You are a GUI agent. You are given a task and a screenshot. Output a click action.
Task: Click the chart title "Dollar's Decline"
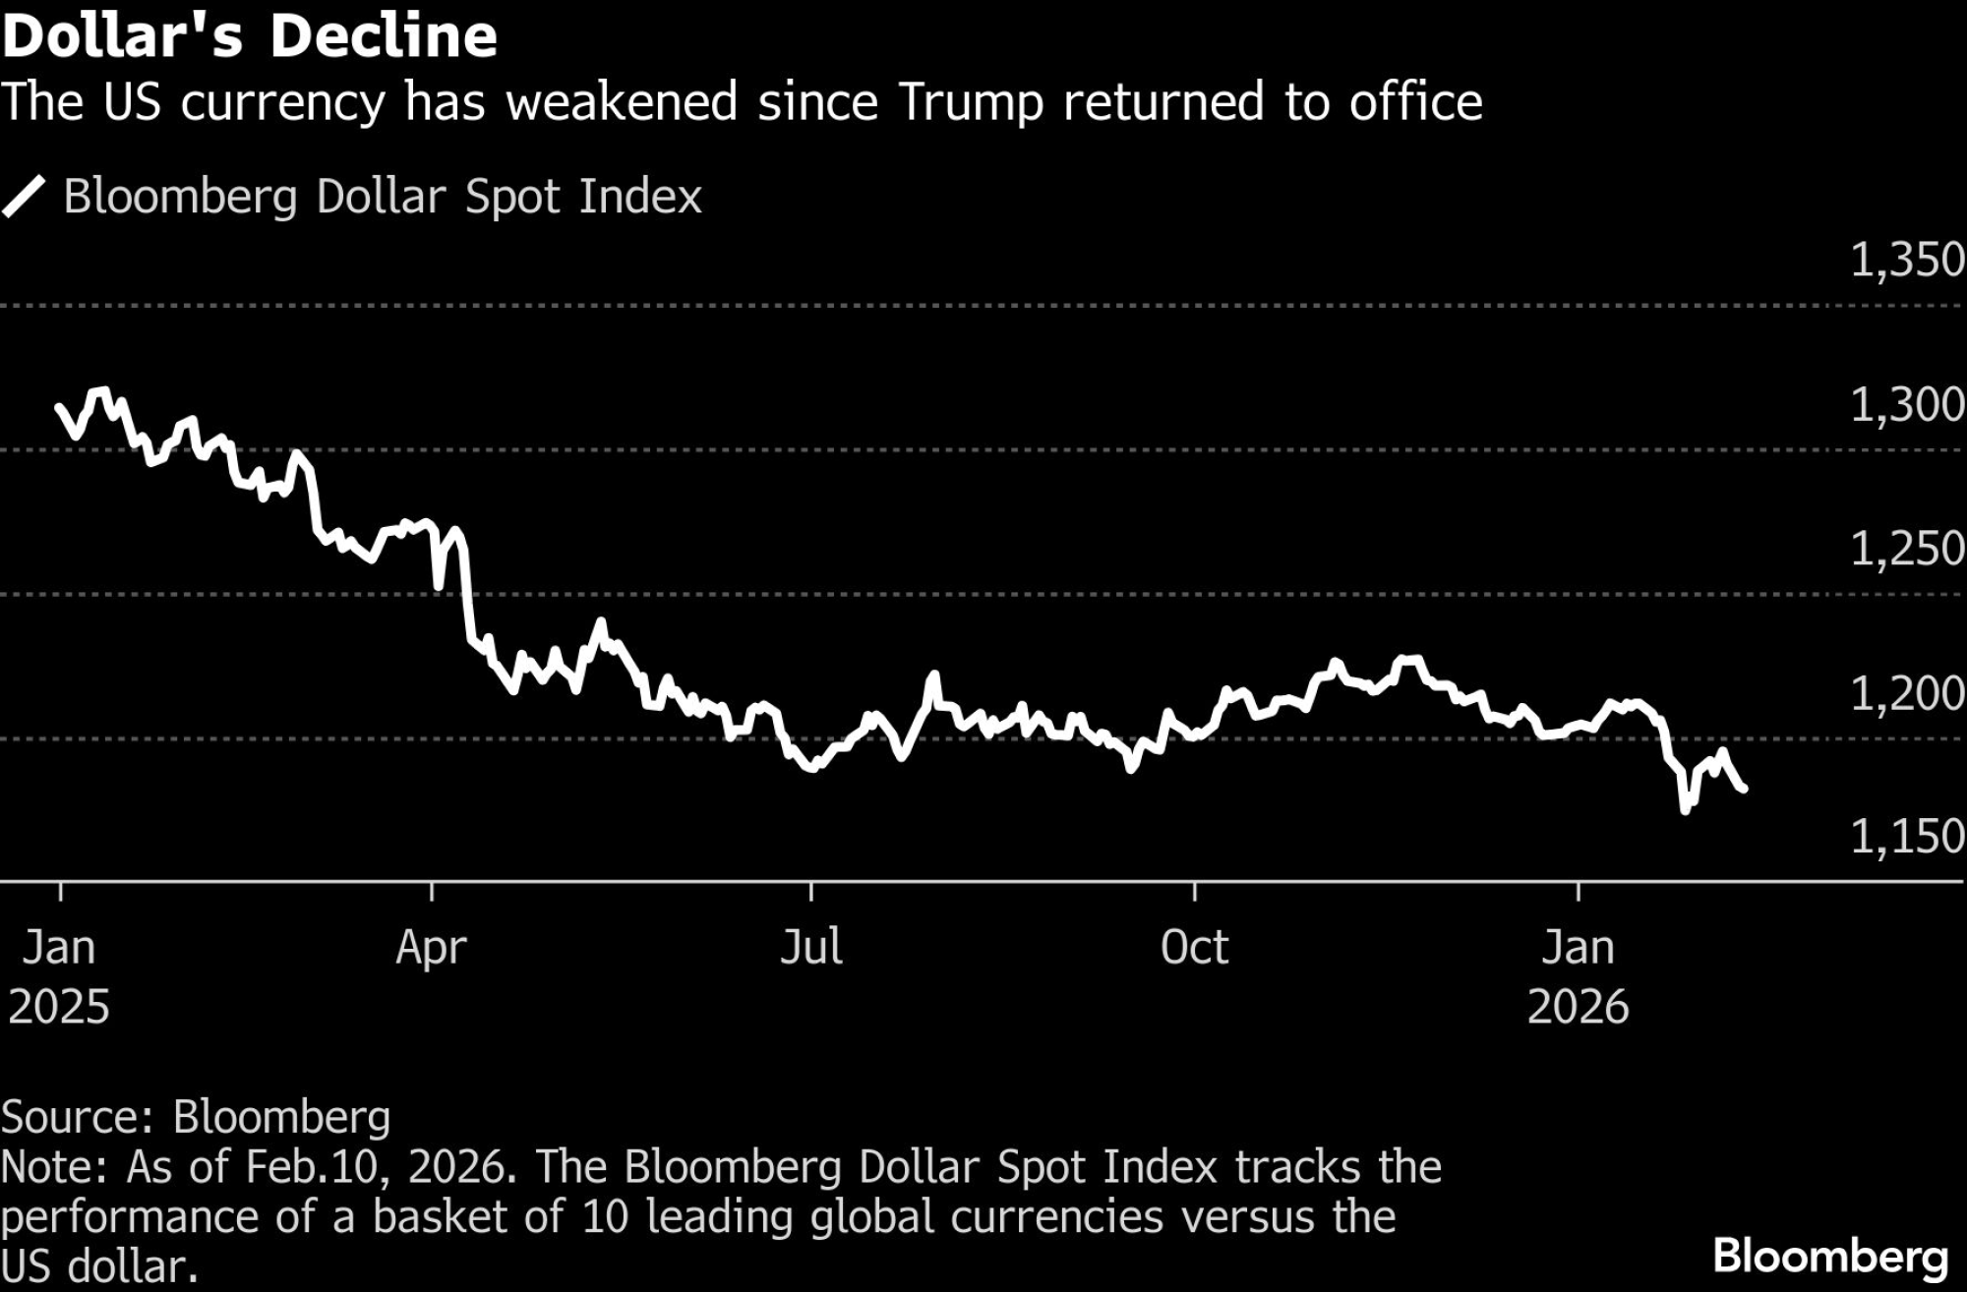coord(250,37)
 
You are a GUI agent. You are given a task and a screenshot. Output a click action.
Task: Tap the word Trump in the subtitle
coord(970,103)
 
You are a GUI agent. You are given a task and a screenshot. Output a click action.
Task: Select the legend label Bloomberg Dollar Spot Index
coord(383,197)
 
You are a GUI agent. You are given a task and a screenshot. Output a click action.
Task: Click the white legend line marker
coord(25,197)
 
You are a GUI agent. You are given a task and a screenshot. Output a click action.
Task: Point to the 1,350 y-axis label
coord(1906,261)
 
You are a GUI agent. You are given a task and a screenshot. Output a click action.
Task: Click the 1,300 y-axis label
coord(1906,405)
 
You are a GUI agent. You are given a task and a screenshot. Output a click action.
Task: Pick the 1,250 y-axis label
coord(1906,549)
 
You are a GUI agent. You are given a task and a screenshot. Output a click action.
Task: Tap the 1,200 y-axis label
coord(1906,693)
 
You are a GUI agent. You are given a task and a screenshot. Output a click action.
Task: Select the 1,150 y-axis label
coord(1906,837)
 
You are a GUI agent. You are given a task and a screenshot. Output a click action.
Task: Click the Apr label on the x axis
coord(432,948)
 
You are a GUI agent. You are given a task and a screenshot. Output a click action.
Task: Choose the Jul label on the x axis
coord(811,948)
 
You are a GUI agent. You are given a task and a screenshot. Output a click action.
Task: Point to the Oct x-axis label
coord(1194,948)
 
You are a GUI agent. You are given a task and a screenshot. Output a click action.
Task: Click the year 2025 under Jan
coord(59,1007)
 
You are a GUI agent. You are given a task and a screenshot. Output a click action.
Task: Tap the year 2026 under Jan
coord(1578,1007)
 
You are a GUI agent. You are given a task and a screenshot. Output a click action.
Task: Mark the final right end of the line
coord(1744,789)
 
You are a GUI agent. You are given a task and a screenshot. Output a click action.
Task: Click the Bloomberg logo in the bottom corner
coord(1830,1258)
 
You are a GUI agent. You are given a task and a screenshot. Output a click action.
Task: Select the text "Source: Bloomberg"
coord(196,1117)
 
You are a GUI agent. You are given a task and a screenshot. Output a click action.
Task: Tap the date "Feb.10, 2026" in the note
coord(380,1167)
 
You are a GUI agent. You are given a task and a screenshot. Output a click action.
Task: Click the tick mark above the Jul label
coord(811,892)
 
